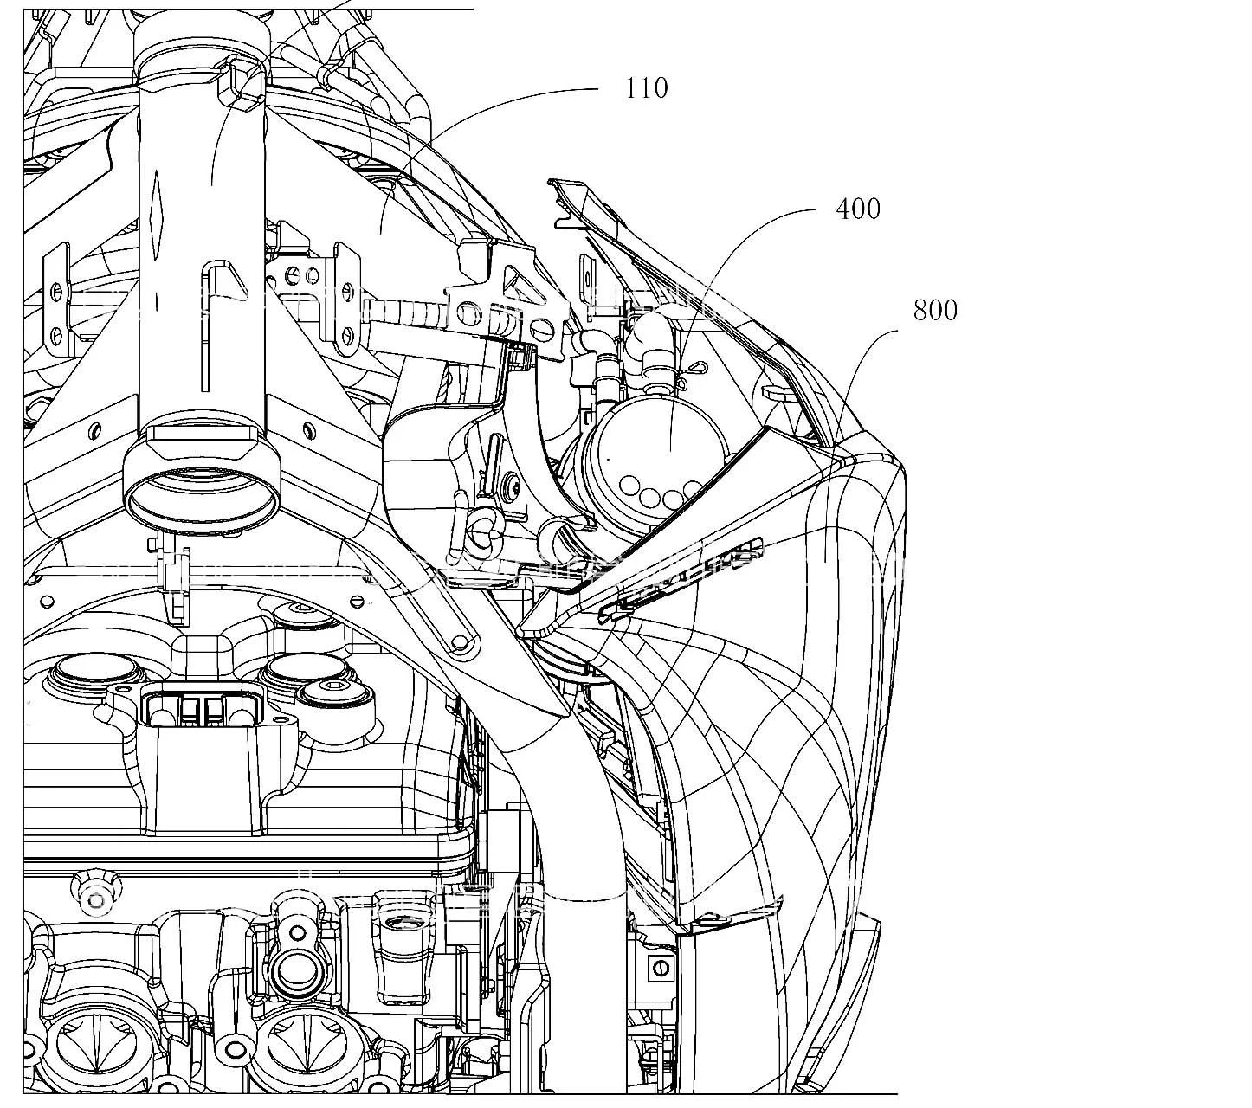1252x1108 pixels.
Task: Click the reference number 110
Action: pos(647,88)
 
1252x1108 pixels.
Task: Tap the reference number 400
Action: pos(857,209)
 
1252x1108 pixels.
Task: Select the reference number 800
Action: pos(935,311)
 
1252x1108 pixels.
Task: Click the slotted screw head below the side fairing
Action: pos(660,969)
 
